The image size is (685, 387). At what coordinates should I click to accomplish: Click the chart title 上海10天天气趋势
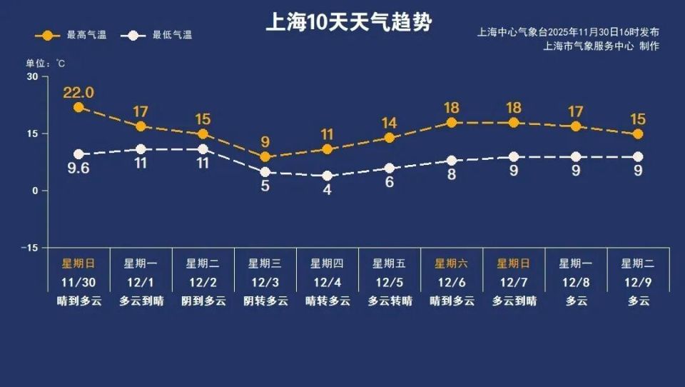point(348,22)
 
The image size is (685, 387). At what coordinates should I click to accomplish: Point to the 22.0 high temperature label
point(78,93)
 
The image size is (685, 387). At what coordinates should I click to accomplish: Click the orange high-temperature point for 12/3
point(265,157)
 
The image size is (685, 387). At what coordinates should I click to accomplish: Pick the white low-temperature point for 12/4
point(328,176)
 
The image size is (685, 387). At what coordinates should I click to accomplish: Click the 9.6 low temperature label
point(78,171)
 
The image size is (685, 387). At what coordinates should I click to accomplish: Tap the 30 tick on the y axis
point(33,77)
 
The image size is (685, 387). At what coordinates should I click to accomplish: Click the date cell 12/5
point(390,282)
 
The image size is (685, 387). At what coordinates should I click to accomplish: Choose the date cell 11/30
point(78,282)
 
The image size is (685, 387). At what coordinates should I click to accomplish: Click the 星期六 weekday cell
point(452,263)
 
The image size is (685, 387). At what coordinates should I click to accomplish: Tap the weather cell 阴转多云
point(265,301)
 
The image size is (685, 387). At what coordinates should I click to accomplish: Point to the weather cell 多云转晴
point(390,301)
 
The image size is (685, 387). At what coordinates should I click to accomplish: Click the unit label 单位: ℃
point(47,64)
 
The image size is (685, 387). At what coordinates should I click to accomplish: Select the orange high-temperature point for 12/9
point(638,134)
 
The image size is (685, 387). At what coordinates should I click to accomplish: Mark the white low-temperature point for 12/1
point(141,149)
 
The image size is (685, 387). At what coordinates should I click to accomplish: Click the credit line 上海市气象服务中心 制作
point(601,46)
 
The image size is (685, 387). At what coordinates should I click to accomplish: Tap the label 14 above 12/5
point(390,122)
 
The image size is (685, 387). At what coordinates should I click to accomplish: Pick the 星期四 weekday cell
point(328,263)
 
